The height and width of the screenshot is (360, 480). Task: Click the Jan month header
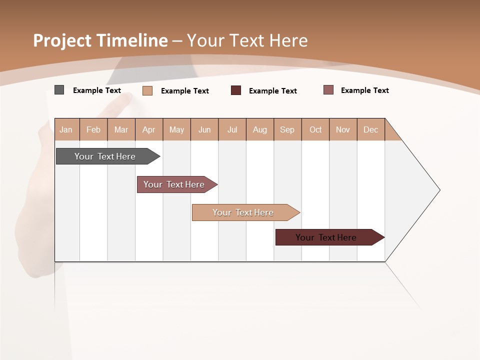[66, 129]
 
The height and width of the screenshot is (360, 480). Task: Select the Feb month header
[93, 129]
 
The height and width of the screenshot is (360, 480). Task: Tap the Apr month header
[148, 129]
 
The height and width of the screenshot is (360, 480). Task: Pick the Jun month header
[204, 129]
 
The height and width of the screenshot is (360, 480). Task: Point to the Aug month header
[260, 129]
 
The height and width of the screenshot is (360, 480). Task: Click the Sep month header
[287, 129]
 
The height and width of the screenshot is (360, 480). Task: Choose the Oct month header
[315, 129]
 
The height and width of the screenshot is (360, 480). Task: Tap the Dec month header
[370, 129]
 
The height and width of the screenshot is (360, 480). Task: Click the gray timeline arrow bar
[105, 156]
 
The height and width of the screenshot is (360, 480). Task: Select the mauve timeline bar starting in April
[174, 184]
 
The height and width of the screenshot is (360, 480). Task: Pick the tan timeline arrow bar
[243, 212]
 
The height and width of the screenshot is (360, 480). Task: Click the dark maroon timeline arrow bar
[326, 237]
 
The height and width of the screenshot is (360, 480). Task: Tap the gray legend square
[59, 90]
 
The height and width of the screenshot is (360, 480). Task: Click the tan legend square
[147, 90]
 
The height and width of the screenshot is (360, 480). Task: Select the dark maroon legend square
[236, 90]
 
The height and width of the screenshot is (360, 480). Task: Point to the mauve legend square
[328, 90]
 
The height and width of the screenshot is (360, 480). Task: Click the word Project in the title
[62, 40]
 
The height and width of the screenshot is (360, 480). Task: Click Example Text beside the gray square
[97, 90]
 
